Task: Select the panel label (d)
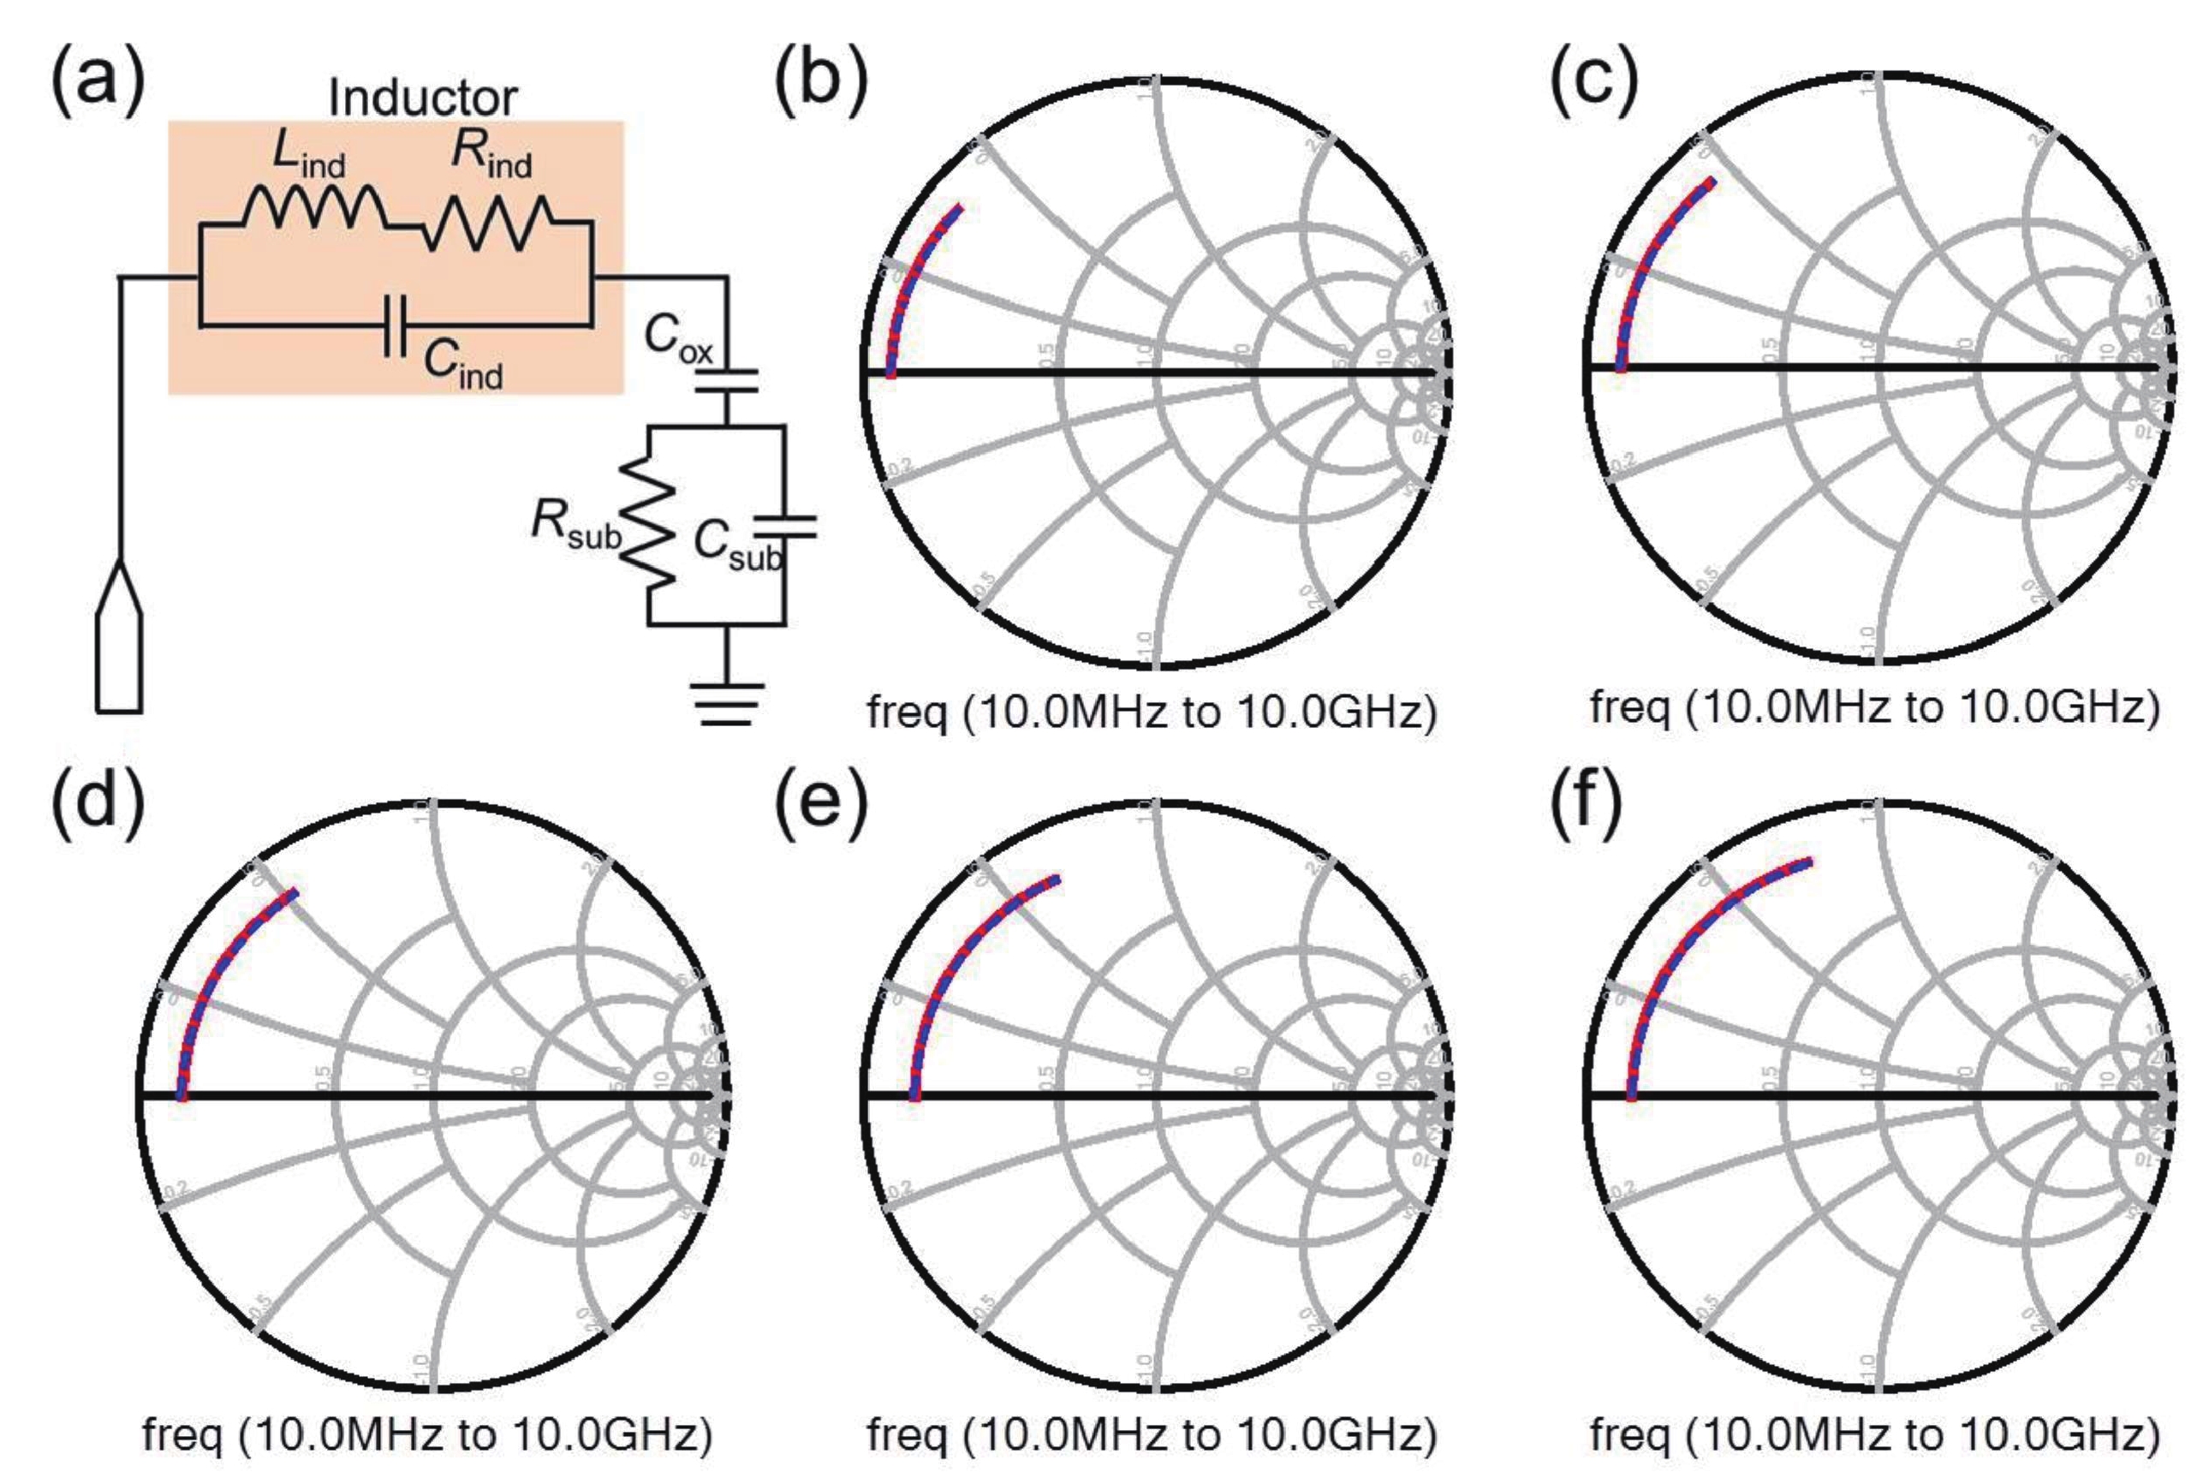[98, 806]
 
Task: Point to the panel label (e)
[820, 806]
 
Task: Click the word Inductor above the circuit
[422, 98]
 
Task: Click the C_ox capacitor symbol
[727, 380]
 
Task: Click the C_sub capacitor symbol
[785, 527]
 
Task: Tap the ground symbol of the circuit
[727, 704]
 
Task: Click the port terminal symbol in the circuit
[119, 638]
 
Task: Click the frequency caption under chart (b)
[1151, 713]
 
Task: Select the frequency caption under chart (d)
[427, 1434]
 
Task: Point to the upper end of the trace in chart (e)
[1057, 879]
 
